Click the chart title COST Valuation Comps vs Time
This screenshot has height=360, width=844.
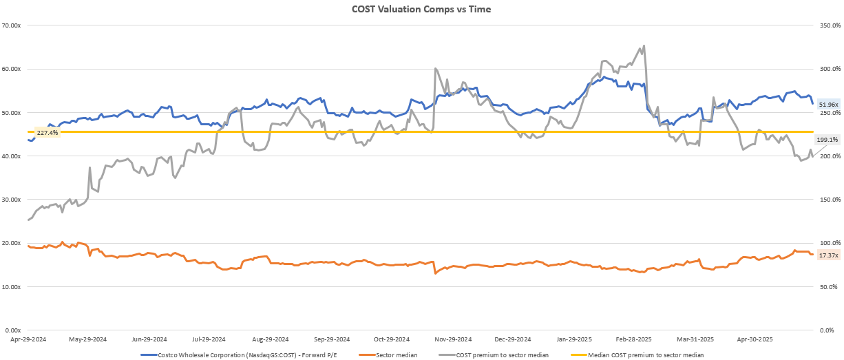point(421,9)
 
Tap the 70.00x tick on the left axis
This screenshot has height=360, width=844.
point(12,25)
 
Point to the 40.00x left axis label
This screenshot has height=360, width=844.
point(12,156)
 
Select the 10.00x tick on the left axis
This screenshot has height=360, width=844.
point(12,286)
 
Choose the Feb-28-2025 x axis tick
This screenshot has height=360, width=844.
point(633,339)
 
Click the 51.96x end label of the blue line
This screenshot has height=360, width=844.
point(827,105)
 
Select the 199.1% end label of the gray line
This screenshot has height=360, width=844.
point(827,140)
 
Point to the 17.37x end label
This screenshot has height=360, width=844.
point(827,255)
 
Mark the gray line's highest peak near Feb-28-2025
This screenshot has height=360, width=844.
point(644,46)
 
